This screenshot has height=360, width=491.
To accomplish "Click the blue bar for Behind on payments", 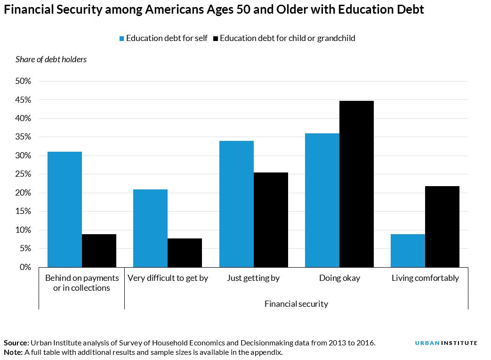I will [x=64, y=209].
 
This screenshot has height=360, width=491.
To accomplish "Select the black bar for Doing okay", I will [x=356, y=184].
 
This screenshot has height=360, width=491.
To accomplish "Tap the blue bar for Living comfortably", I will [x=408, y=251].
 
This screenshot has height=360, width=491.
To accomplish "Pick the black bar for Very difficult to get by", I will [x=185, y=253].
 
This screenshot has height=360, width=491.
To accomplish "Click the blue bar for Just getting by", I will [x=236, y=204].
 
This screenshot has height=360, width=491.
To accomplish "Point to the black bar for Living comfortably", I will [x=442, y=227].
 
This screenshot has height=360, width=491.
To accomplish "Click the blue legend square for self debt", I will [x=121, y=39].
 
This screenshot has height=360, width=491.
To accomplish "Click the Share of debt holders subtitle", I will [x=51, y=59].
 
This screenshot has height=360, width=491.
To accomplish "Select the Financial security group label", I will [x=296, y=304].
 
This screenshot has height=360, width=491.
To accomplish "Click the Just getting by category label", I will [x=253, y=278].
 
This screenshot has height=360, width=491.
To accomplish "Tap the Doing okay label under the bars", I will [x=339, y=278].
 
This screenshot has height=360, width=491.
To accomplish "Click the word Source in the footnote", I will [x=16, y=343].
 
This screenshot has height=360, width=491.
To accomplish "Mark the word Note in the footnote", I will [x=13, y=352].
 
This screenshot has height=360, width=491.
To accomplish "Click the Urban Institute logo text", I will [x=446, y=343].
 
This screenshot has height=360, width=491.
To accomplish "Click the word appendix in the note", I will [x=265, y=352].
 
